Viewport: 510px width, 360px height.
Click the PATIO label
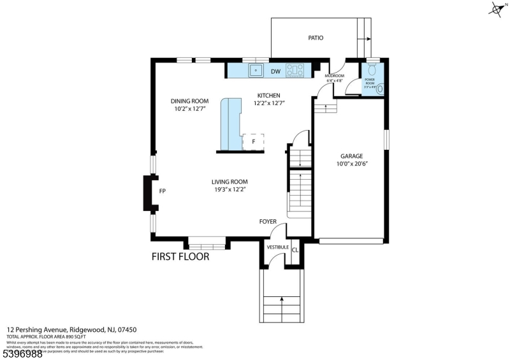pos(316,38)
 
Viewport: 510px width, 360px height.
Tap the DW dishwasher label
pos(275,71)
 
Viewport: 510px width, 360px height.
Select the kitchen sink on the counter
pos(256,69)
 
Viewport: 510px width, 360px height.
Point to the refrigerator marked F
pos(253,141)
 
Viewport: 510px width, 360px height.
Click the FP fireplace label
pos(162,191)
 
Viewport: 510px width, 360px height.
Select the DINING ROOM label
pos(189,101)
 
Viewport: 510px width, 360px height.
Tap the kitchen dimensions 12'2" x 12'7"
pos(268,103)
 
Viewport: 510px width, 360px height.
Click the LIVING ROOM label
pos(229,182)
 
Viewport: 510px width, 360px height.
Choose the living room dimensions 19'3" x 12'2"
pos(229,189)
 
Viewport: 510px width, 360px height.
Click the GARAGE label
pos(351,155)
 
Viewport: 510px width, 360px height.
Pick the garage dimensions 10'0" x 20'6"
pos(351,164)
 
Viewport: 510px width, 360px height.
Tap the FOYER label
pos(268,222)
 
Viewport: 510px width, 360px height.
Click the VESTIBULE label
pos(278,247)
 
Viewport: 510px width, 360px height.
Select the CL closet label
pos(295,250)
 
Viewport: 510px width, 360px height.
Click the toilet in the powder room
pos(380,89)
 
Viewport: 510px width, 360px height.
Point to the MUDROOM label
pos(335,76)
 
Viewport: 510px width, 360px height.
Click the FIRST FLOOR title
pos(180,257)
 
